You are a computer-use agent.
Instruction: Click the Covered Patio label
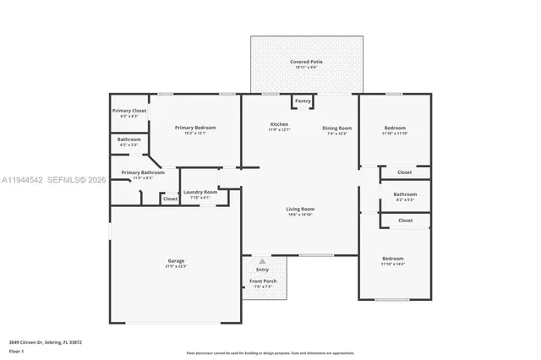coord(306,62)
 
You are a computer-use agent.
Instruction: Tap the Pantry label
coord(303,101)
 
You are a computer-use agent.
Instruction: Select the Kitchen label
coord(279,125)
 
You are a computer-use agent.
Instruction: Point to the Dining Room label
coord(336,128)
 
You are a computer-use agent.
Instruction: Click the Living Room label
coord(299,209)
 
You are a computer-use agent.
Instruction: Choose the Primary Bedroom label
coord(195,128)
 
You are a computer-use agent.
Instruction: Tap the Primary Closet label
coord(129,111)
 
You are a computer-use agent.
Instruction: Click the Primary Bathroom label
coord(136,172)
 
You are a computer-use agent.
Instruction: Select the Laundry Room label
coord(199,192)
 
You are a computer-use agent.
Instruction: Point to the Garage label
coord(176,260)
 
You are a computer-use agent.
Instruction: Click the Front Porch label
coord(262,281)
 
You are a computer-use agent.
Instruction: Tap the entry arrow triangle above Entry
coord(262,261)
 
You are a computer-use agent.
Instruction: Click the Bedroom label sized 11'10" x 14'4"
coord(393,259)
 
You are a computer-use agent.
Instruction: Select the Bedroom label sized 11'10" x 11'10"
coord(395,128)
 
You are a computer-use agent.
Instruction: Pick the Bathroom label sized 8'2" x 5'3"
coord(405,194)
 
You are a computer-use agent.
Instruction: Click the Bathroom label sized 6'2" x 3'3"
coord(129,139)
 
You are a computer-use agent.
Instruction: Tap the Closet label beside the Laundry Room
coord(170,199)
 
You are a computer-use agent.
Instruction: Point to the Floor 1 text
coord(16,351)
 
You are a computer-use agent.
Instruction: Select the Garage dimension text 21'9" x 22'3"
coord(176,265)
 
